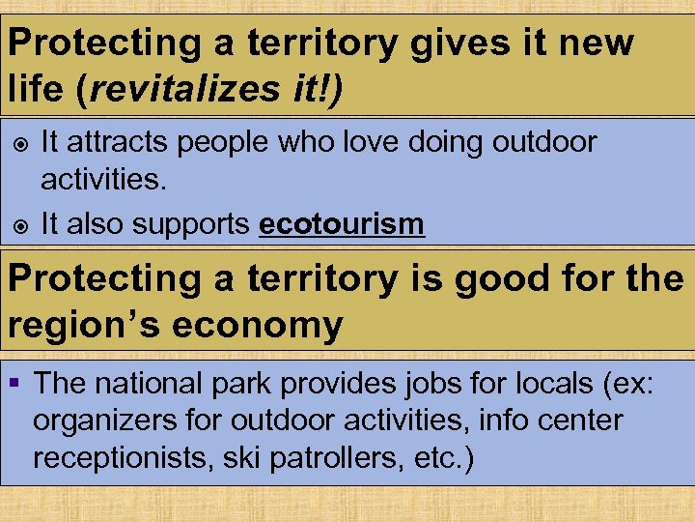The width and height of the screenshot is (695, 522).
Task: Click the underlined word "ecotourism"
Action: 342,224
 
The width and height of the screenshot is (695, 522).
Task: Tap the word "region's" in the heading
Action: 82,325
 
